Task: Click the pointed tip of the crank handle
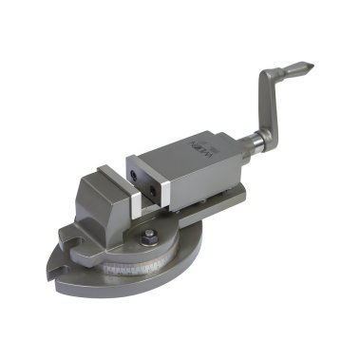pos(307,67)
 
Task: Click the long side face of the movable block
pos(199,166)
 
